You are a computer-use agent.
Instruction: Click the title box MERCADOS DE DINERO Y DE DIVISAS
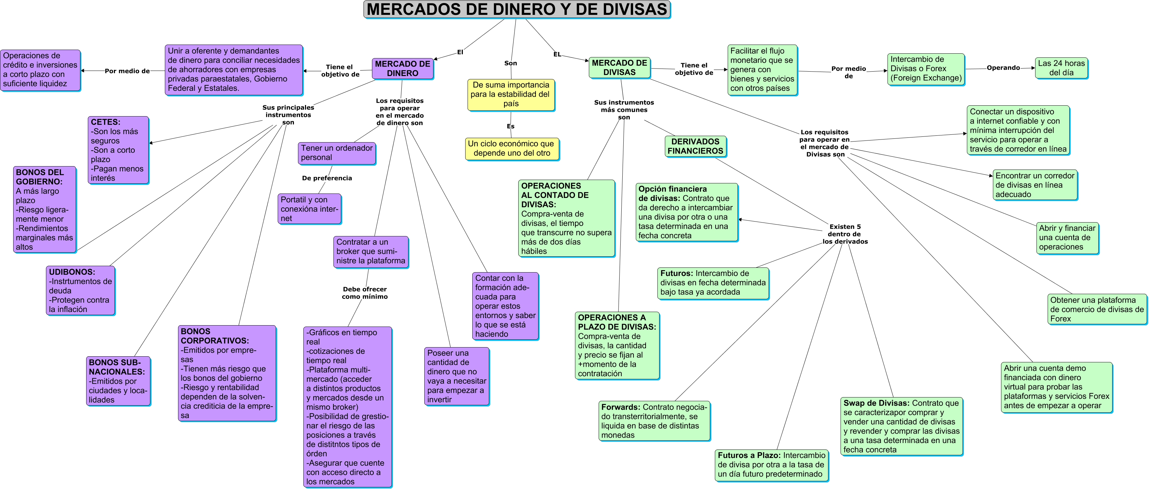point(517,9)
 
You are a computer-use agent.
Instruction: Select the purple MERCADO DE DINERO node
point(402,69)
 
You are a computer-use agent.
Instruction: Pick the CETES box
point(118,150)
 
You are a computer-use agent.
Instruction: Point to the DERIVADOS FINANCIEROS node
point(695,146)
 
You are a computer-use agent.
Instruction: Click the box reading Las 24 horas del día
point(1061,68)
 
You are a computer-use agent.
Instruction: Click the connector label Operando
point(1003,68)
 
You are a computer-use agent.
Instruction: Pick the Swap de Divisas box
point(901,426)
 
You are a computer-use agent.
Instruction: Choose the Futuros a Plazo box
point(771,465)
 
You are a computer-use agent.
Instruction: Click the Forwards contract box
point(654,421)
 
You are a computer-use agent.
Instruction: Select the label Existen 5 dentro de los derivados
point(844,234)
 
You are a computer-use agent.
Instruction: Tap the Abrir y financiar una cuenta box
point(1067,238)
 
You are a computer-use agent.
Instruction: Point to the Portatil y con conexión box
point(309,209)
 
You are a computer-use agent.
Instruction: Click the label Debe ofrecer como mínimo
point(365,293)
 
